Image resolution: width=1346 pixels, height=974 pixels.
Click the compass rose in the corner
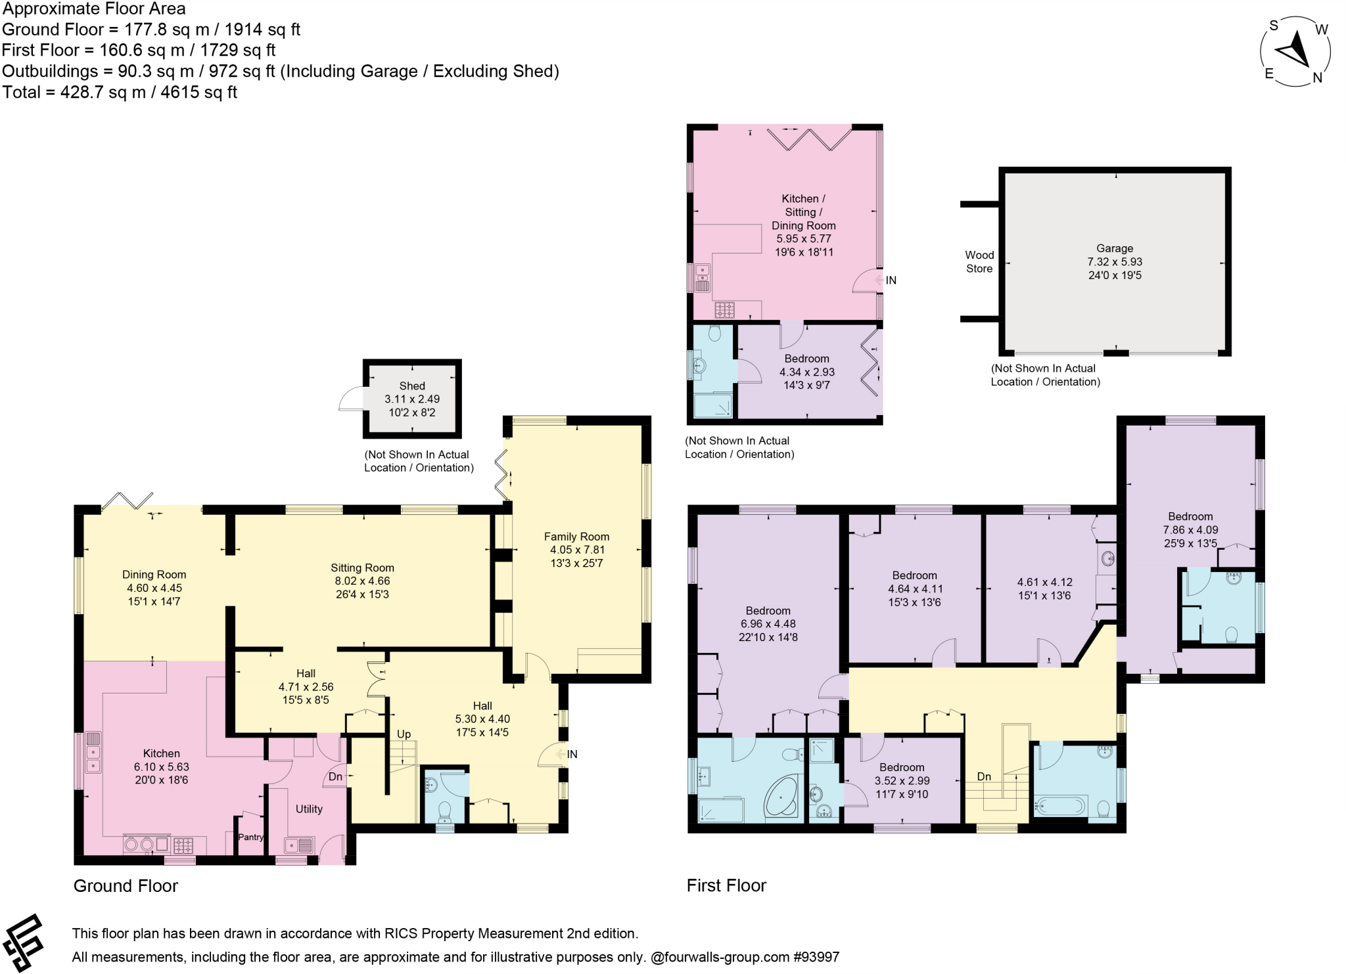coord(1295,52)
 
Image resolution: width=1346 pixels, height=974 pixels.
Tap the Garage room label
coord(1115,248)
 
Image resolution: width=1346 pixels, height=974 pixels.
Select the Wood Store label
coord(979,261)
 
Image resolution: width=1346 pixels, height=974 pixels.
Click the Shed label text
coord(412,386)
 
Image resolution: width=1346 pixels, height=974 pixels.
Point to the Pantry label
coord(251,837)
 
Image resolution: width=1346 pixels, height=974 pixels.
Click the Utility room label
coord(309,809)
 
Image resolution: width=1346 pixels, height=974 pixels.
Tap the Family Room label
coord(576,537)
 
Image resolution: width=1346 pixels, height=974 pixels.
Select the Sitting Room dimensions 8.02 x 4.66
coord(362,581)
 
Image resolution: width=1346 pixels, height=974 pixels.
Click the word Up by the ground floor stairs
coord(404,734)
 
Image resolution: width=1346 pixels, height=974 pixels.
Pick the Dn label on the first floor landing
coord(984,777)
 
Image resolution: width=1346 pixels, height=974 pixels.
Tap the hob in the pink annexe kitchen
coord(725,309)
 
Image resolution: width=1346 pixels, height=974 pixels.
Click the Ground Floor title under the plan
coord(126,886)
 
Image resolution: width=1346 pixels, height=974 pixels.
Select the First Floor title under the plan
coord(726,886)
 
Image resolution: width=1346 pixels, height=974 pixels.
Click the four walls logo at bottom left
coord(23,943)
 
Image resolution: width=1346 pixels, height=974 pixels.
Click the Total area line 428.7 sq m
coord(120,92)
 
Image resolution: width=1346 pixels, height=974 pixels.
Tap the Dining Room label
coord(154,575)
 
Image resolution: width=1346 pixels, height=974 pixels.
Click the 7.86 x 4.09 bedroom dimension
coord(1190,530)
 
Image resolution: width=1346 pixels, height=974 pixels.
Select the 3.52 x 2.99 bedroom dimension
coord(902,781)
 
